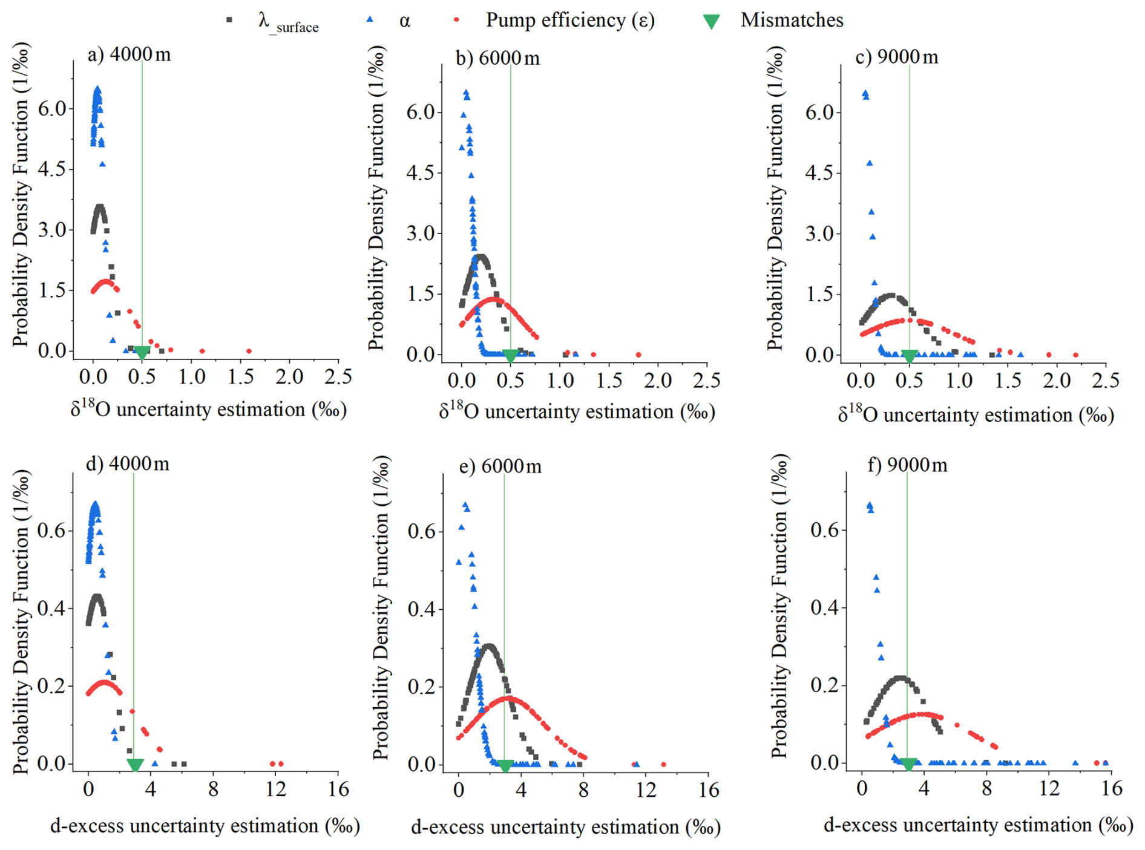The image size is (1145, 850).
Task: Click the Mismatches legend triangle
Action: pos(712,22)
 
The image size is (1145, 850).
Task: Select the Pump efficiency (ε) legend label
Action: pos(570,21)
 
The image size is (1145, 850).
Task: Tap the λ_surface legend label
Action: pos(288,23)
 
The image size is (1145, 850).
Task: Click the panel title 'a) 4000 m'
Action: pos(130,55)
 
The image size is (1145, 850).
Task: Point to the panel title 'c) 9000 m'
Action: pos(897,57)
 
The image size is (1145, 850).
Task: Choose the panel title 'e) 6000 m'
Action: pos(500,466)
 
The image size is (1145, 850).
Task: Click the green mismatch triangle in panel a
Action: pos(142,353)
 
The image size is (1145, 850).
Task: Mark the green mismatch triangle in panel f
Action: pos(908,765)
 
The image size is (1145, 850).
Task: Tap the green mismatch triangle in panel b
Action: pos(510,356)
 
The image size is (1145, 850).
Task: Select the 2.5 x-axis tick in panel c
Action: pos(1105,380)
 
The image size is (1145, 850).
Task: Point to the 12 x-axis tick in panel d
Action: pos(275,789)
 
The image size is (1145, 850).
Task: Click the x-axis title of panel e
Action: pos(565,827)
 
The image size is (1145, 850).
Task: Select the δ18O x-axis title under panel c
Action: pos(976,414)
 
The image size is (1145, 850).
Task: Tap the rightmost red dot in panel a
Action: pos(249,351)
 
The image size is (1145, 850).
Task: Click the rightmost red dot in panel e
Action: pos(663,764)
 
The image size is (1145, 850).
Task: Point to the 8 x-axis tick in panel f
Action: pos(986,788)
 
